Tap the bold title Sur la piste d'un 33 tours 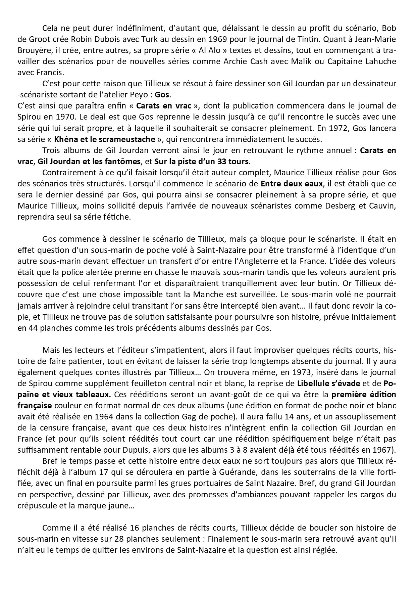pyautogui.click(x=201, y=161)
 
